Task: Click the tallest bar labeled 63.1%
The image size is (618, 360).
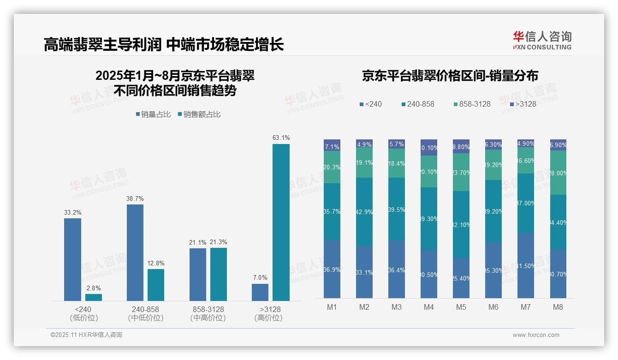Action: pos(281,222)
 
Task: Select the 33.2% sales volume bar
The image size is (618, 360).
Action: pos(72,259)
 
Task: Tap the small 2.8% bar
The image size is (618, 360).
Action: pos(94,297)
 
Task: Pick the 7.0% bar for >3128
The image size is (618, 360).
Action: pos(260,292)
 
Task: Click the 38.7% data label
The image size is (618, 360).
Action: pos(135,198)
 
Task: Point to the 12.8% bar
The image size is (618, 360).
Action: pos(156,285)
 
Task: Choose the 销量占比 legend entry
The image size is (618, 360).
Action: pos(154,114)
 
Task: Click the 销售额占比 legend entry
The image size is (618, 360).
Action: pos(199,114)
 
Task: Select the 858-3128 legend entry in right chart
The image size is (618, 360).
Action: pos(472,104)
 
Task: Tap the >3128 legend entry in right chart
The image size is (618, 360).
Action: pos(523,104)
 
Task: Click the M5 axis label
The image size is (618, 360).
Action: pos(461,307)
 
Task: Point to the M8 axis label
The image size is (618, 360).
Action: pos(558,307)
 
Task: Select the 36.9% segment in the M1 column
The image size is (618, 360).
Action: pos(332,269)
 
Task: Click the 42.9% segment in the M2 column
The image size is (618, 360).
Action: pos(364,212)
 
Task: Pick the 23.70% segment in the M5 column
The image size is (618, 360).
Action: pos(461,172)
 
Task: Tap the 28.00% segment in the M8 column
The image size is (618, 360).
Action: pos(558,173)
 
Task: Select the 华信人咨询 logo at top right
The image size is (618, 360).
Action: pos(542,40)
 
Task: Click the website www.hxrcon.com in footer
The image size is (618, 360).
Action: pos(536,335)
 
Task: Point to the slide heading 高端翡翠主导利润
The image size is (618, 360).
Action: pos(102,44)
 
